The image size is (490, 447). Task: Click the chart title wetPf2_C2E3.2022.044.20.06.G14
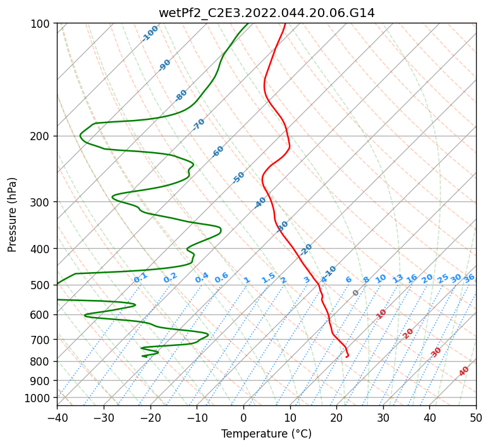(x=267, y=13)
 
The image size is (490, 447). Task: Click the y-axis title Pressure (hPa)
(x=12, y=215)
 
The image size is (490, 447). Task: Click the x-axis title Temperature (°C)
(x=267, y=434)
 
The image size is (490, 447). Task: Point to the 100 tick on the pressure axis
(x=44, y=23)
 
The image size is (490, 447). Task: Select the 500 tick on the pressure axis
(x=44, y=285)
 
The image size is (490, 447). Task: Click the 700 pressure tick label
(x=44, y=340)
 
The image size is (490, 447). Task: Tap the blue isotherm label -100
(x=150, y=33)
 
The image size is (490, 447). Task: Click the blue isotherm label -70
(x=199, y=124)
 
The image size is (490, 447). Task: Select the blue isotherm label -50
(x=238, y=177)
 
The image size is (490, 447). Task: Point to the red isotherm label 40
(x=463, y=371)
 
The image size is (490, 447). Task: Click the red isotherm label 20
(x=408, y=334)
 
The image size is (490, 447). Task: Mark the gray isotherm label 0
(x=355, y=292)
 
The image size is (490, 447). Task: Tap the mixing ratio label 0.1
(x=140, y=278)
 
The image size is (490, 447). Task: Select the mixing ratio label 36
(x=469, y=278)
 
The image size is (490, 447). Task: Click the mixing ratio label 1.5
(x=269, y=278)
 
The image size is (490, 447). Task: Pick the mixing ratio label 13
(x=398, y=278)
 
